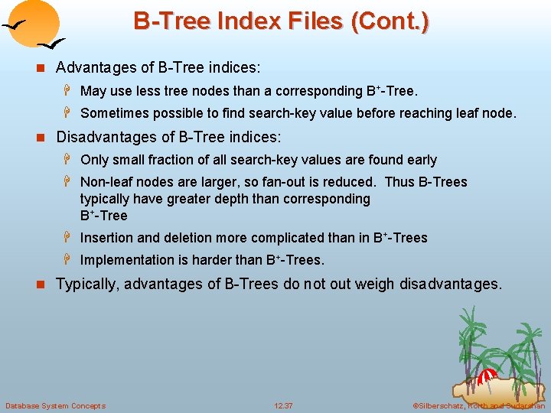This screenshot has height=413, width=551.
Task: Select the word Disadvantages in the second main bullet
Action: tap(105, 138)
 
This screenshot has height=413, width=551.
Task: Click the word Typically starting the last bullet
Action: tap(87, 285)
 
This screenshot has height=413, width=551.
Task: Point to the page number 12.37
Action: tap(283, 405)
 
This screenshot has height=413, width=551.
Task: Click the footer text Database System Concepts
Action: tap(56, 405)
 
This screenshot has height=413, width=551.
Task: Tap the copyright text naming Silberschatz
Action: tap(478, 405)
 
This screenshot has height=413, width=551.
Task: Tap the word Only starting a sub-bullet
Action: tap(94, 160)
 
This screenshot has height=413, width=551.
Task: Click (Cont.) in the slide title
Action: tap(389, 21)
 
